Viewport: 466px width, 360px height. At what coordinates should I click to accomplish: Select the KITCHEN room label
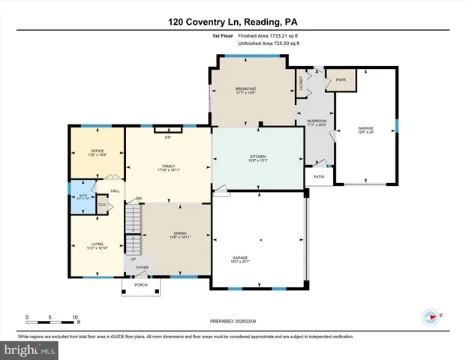(258, 157)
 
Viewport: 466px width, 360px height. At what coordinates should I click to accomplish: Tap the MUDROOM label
(317, 122)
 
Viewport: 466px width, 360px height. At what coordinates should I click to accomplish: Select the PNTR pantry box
(345, 79)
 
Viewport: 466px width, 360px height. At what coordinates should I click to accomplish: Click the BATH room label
(83, 196)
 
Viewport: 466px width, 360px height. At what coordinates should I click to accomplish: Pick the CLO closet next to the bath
(101, 204)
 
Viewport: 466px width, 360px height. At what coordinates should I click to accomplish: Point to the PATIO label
(319, 178)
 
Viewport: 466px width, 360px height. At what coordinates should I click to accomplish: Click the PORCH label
(140, 285)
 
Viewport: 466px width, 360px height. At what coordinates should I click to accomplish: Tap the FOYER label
(142, 266)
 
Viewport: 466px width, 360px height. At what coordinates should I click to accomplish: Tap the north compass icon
(431, 316)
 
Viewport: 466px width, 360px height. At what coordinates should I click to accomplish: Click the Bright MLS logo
(30, 349)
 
